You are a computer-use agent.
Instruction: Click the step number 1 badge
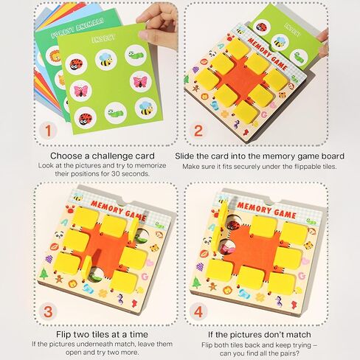pos(48,131)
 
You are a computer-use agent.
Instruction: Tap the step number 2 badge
pos(198,131)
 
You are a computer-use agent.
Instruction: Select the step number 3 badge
pos(48,311)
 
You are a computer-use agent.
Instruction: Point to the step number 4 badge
pos(198,311)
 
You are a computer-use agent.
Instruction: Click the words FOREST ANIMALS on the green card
pos(77,29)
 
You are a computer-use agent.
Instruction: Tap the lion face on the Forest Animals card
pos(54,55)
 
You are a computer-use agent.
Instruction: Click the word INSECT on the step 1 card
pos(103,38)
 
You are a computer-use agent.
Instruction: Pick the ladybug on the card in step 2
pos(261,27)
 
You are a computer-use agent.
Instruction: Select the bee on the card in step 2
pos(279,41)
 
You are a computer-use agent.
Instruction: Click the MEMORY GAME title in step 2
pos(267,54)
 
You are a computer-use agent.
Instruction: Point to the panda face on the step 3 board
pos(59,235)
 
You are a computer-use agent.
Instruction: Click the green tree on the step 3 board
pos(44,274)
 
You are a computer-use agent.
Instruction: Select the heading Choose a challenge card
pos(103,156)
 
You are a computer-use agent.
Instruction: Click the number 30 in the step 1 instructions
pos(117,174)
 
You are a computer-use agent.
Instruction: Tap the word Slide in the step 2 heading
pos(184,156)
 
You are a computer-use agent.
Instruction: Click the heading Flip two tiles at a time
pos(102,334)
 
